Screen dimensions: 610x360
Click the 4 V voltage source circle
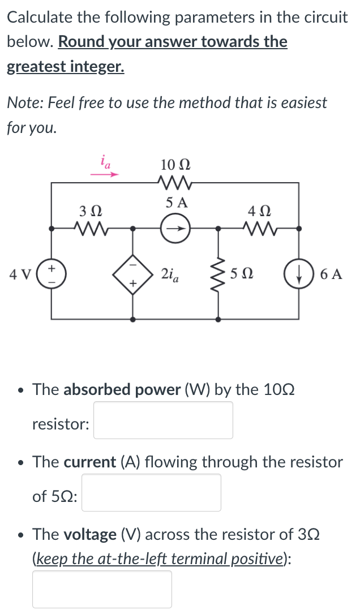[52, 274]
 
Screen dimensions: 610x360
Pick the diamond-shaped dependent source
[134, 274]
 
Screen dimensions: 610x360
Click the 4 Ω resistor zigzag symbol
[259, 229]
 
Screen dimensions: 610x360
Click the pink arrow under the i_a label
[105, 175]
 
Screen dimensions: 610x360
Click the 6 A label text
[331, 275]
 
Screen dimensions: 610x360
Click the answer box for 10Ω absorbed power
[163, 420]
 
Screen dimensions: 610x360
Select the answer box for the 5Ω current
[151, 492]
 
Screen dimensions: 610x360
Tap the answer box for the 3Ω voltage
[102, 589]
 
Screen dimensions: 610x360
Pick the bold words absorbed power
[122, 389]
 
